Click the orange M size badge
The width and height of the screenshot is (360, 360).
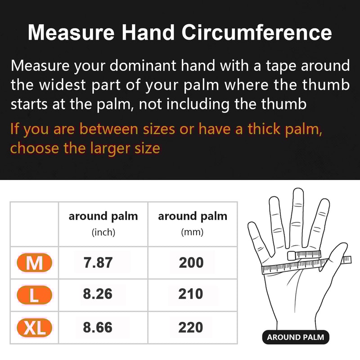pyautogui.click(x=34, y=262)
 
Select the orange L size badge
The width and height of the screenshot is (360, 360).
pyautogui.click(x=34, y=295)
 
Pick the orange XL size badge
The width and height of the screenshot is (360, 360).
pyautogui.click(x=34, y=328)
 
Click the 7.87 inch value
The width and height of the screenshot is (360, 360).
pyautogui.click(x=98, y=263)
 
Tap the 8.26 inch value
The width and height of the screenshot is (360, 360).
pyautogui.click(x=98, y=294)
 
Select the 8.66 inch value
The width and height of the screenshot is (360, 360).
pyautogui.click(x=98, y=327)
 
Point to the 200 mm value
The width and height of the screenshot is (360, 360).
pyautogui.click(x=191, y=263)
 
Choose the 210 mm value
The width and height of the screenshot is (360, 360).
pyautogui.click(x=191, y=294)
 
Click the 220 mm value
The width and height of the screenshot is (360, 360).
pyautogui.click(x=191, y=327)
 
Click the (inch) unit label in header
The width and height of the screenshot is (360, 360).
pyautogui.click(x=103, y=233)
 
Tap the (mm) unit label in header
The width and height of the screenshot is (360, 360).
pyautogui.click(x=192, y=233)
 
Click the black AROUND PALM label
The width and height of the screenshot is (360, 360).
pyautogui.click(x=295, y=337)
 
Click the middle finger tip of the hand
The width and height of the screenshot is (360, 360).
pyautogui.click(x=297, y=193)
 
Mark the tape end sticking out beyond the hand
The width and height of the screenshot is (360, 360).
pyautogui.click(x=346, y=260)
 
